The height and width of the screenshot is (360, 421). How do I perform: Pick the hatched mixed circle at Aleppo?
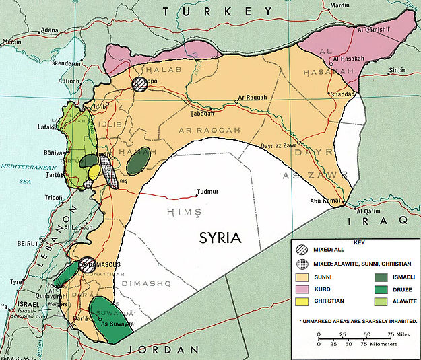pyautogui.click(x=139, y=84)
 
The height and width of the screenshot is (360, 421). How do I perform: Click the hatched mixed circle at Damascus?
pyautogui.click(x=86, y=264)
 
